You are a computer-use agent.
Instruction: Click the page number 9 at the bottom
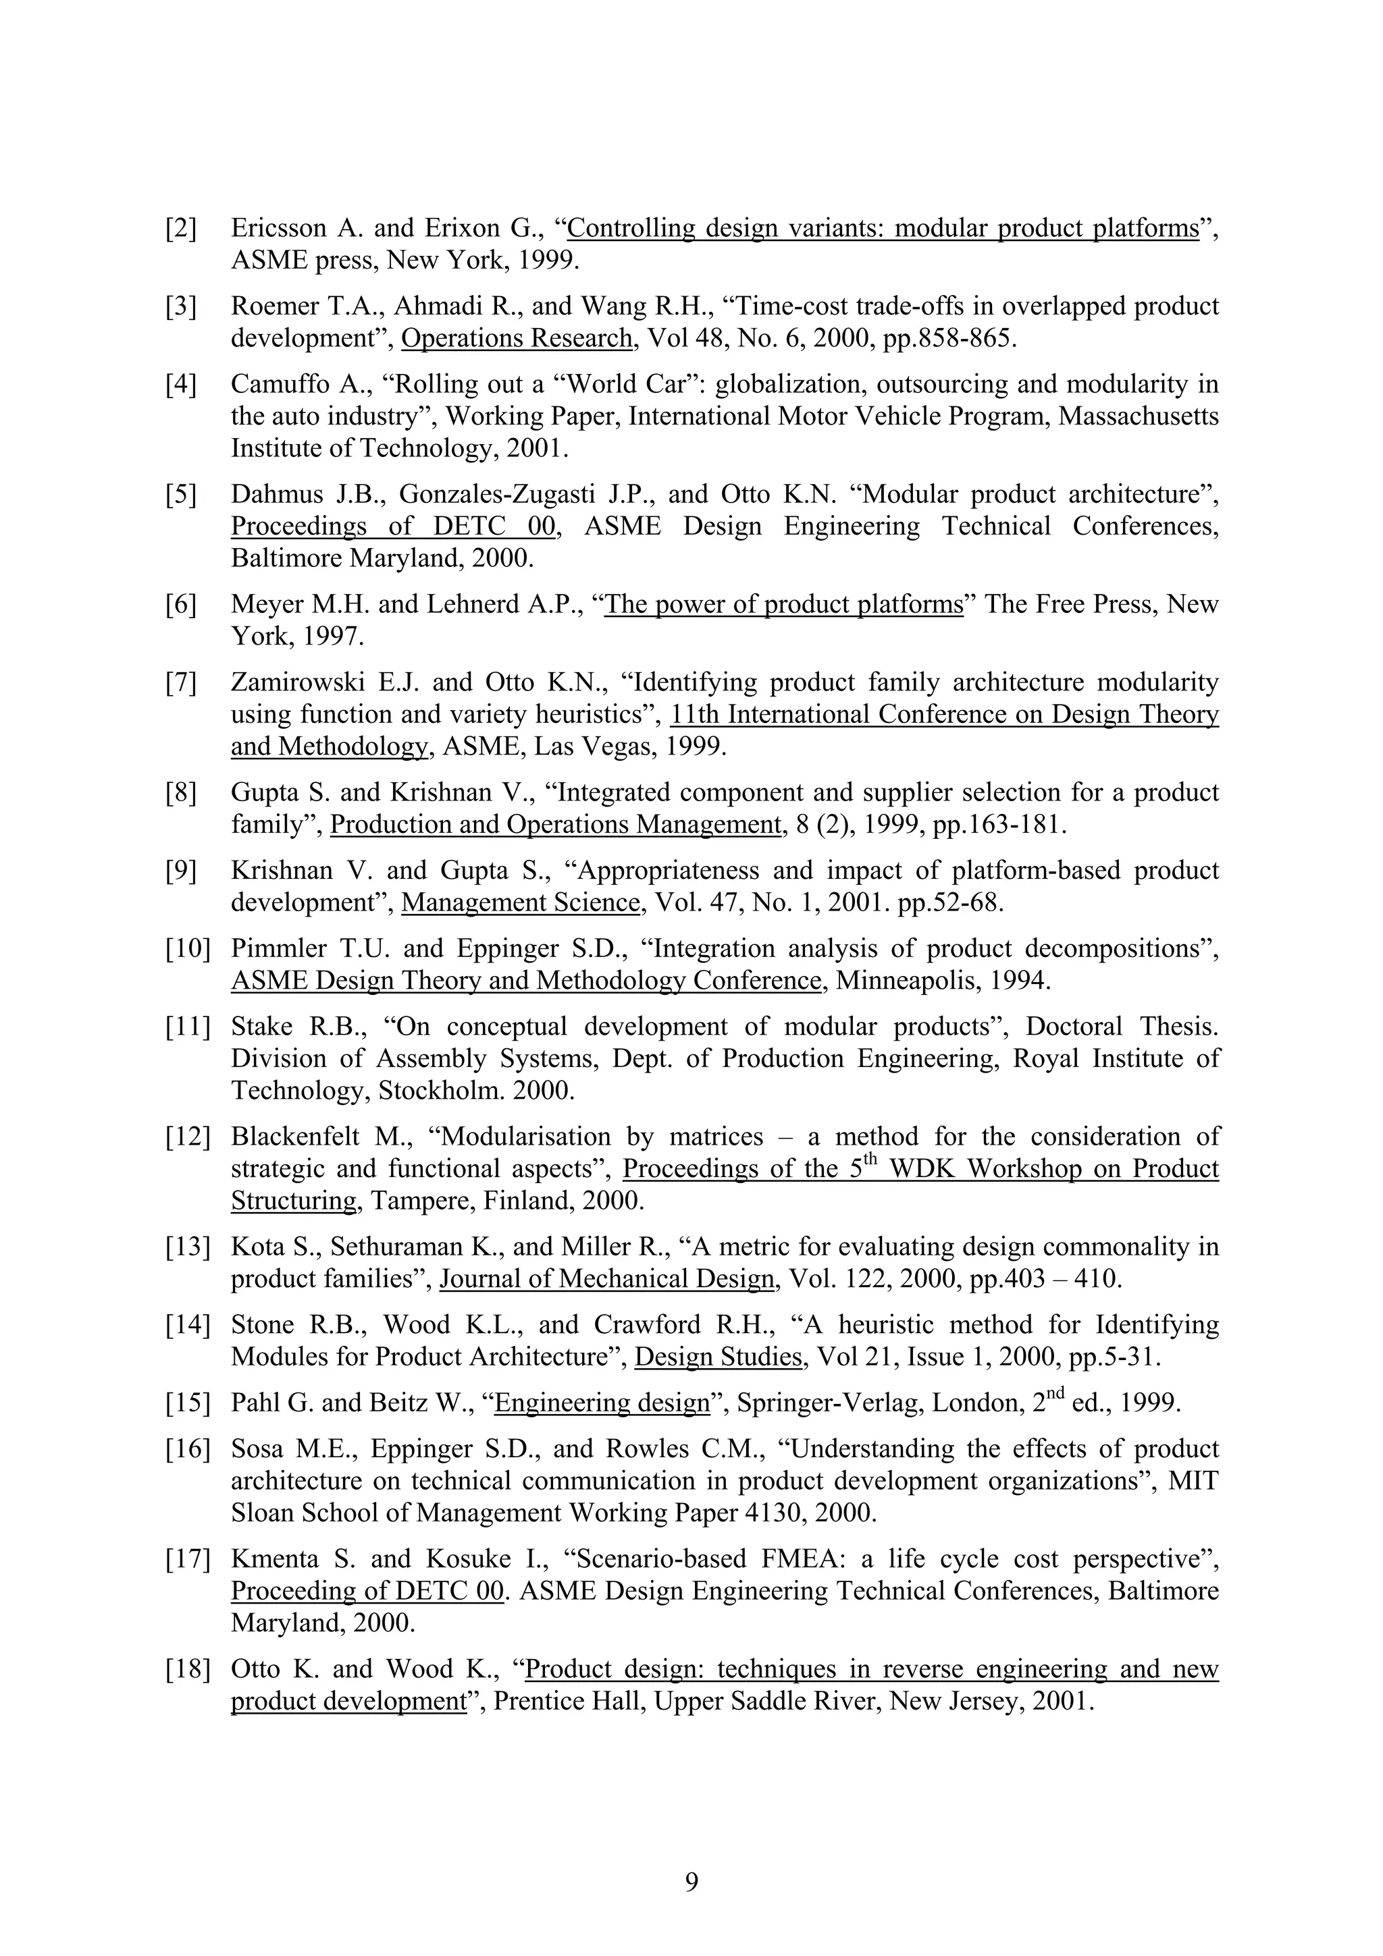[691, 1881]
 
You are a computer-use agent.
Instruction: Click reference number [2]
[181, 228]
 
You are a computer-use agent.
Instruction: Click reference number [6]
[181, 605]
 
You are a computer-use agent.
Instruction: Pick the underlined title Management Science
[520, 902]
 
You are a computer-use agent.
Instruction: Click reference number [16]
[188, 1449]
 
